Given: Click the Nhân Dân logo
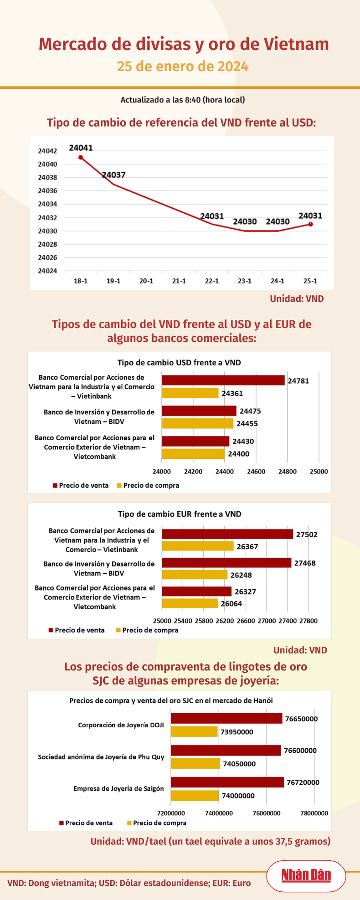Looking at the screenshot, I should pyautogui.click(x=306, y=875).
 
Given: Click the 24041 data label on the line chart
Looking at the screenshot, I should pyautogui.click(x=81, y=148).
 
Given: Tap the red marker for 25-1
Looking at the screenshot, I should pyautogui.click(x=310, y=224).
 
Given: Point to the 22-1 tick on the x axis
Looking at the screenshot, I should pyautogui.click(x=211, y=281).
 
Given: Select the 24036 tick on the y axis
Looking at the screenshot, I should pyautogui.click(x=47, y=191).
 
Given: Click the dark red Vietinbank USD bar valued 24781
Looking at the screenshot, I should pyautogui.click(x=223, y=381).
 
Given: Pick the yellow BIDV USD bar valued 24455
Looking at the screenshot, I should pyautogui.click(x=198, y=423).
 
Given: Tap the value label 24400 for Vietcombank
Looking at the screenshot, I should pyautogui.click(x=239, y=454).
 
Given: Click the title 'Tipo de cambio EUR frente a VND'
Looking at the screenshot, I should pyautogui.click(x=180, y=514).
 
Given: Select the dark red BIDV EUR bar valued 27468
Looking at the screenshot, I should pyautogui.click(x=226, y=563).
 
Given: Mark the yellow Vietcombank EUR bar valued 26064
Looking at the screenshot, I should pyautogui.click(x=190, y=603).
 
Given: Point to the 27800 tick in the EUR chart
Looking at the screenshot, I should pyautogui.click(x=308, y=620).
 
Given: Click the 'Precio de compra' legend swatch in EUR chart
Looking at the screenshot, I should pyautogui.click(x=118, y=630).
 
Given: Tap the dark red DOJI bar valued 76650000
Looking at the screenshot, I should pyautogui.click(x=226, y=719).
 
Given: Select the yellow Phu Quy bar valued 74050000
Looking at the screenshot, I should pyautogui.click(x=195, y=764).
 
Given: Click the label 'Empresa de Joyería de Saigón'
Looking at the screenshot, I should pyautogui.click(x=118, y=788).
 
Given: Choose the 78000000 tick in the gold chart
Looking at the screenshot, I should pyautogui.click(x=314, y=813).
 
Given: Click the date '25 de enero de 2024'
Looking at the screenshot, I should pyautogui.click(x=183, y=67).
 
